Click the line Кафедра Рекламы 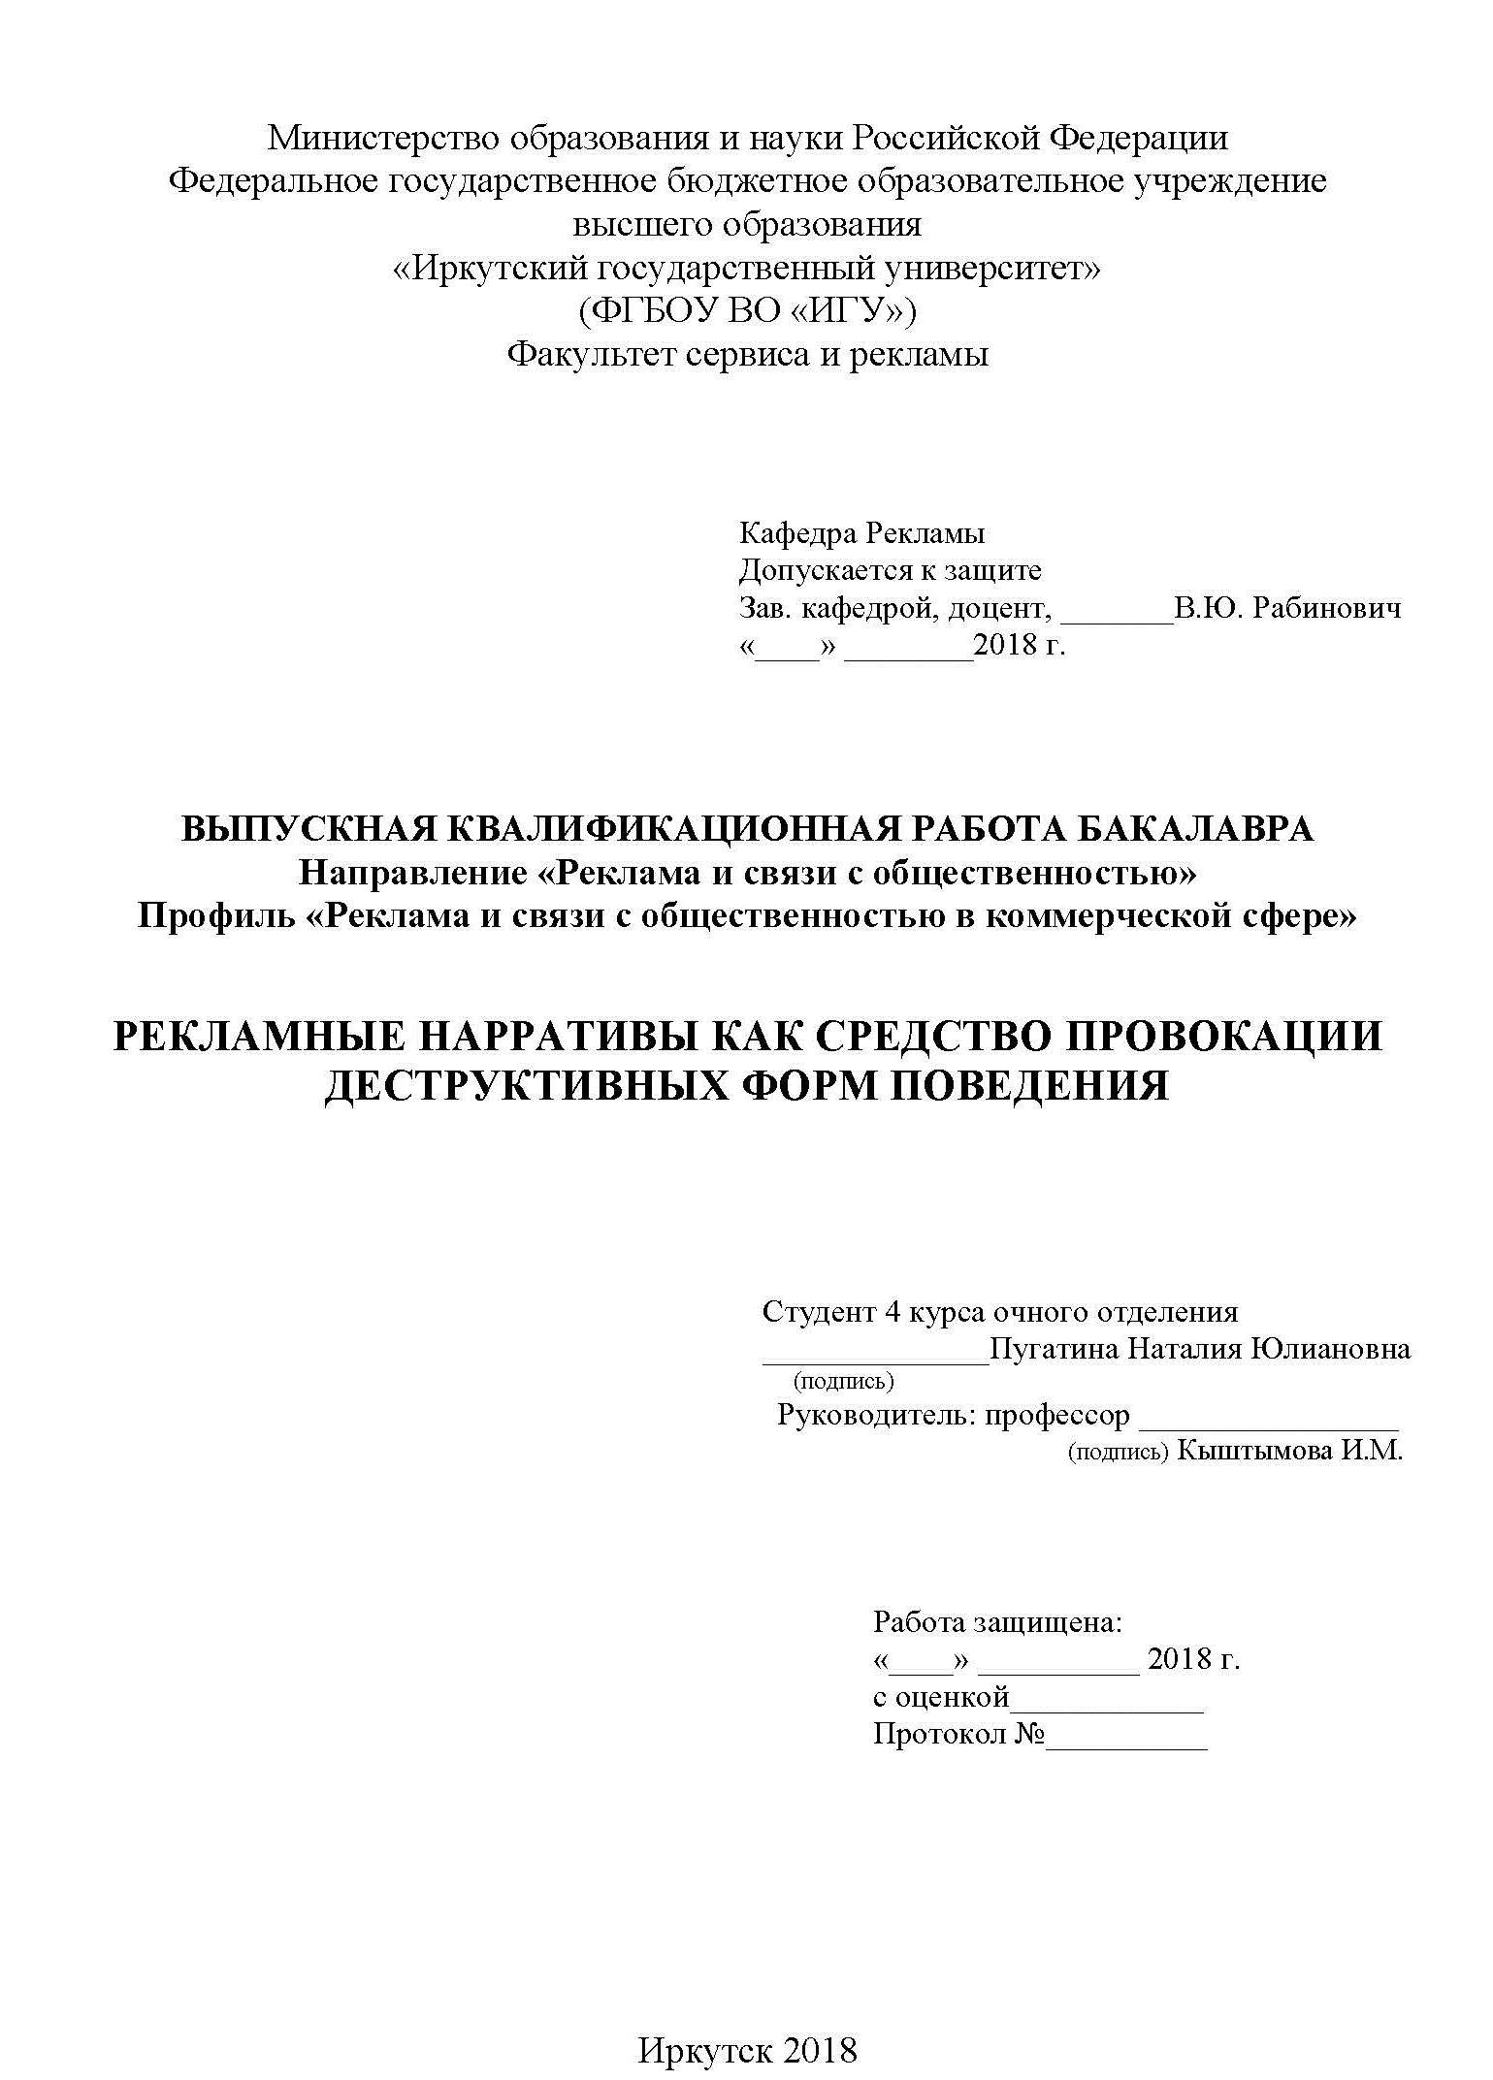pyautogui.click(x=861, y=533)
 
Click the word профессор pyautogui.click(x=1057, y=1416)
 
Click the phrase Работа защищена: pyautogui.click(x=998, y=1622)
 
